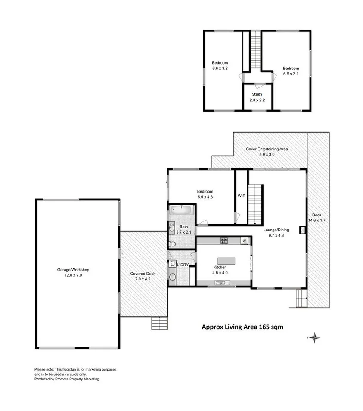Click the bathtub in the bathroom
tap(181, 210)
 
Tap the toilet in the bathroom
tap(173, 244)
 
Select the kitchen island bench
tap(226, 261)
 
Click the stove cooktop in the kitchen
tap(224, 240)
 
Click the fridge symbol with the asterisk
tap(245, 240)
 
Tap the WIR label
tap(241, 196)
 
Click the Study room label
tap(255, 94)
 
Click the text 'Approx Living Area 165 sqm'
tap(242, 327)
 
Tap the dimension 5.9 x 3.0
tap(267, 154)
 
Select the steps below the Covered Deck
tap(159, 323)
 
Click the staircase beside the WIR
tap(255, 204)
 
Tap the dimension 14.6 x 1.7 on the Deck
tap(316, 220)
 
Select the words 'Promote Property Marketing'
tap(76, 379)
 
